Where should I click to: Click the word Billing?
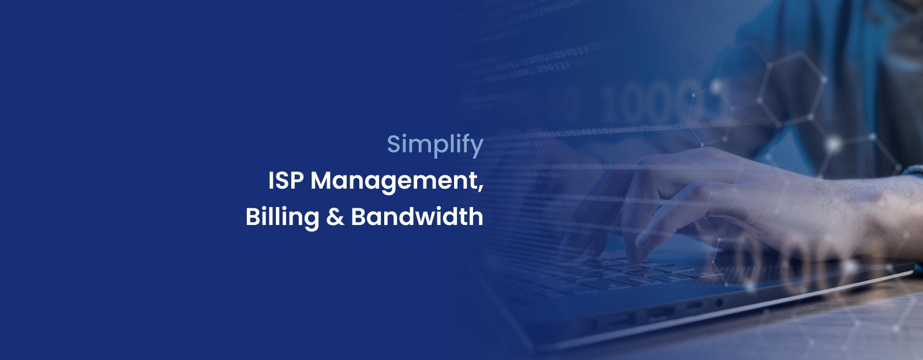click(282, 217)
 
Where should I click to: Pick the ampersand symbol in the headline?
click(335, 217)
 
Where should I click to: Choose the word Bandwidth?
click(417, 216)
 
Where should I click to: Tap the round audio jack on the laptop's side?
click(719, 303)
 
